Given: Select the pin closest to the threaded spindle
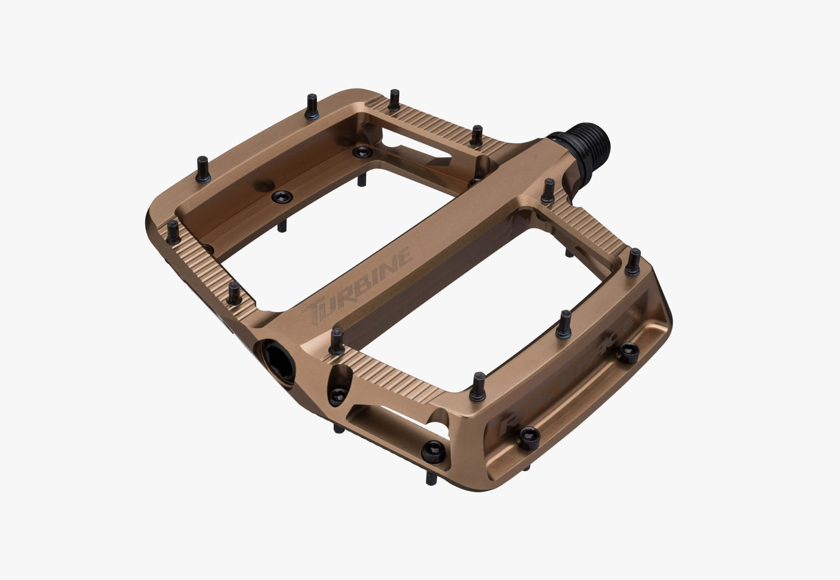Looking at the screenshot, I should pos(548,191).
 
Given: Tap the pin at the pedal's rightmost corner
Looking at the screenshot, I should pos(633,261).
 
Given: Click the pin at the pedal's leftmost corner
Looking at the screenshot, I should pos(173,232).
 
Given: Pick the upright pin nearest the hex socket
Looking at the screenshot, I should pos(336,341).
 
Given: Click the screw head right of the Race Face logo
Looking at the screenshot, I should pos(628,351).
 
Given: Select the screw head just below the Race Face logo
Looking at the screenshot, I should pos(528,437).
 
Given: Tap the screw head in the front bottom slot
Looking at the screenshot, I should pos(435,449).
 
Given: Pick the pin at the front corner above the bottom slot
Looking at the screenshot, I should pos(477,386).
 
